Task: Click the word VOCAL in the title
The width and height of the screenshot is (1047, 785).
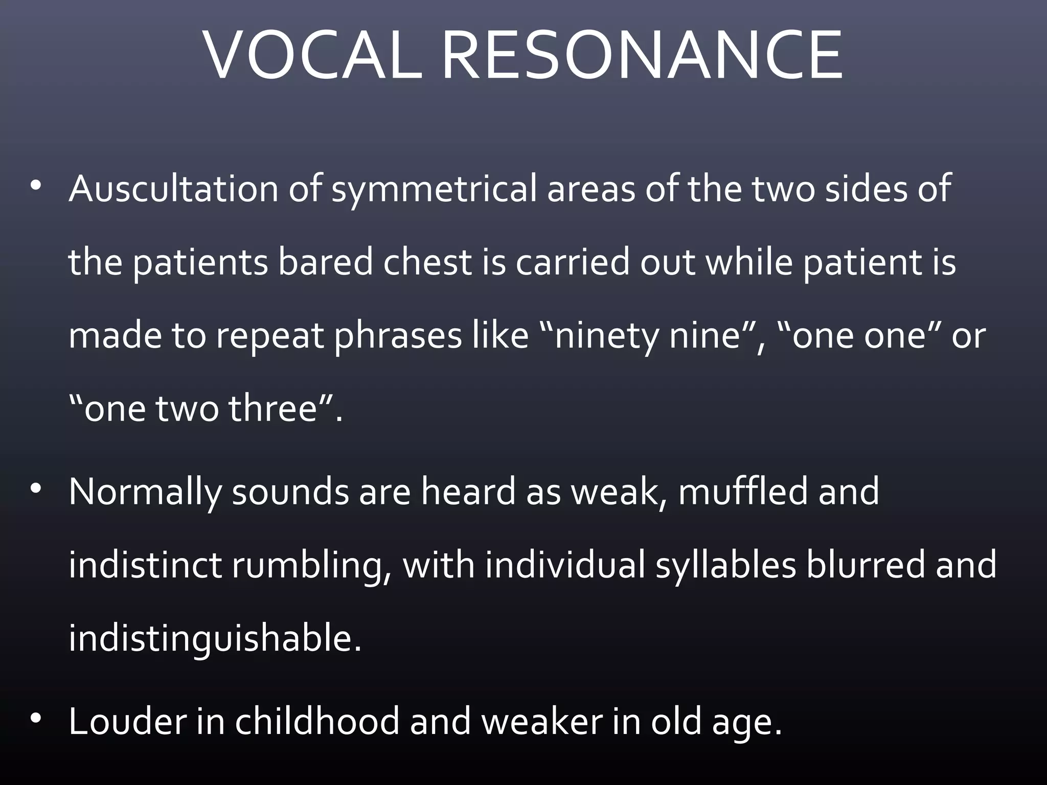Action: [x=313, y=55]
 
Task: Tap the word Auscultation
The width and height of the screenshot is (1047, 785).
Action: [x=173, y=189]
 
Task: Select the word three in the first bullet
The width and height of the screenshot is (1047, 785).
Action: [x=274, y=409]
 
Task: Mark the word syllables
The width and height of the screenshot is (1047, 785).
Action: [x=726, y=566]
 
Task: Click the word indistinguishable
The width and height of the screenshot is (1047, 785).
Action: [x=215, y=639]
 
